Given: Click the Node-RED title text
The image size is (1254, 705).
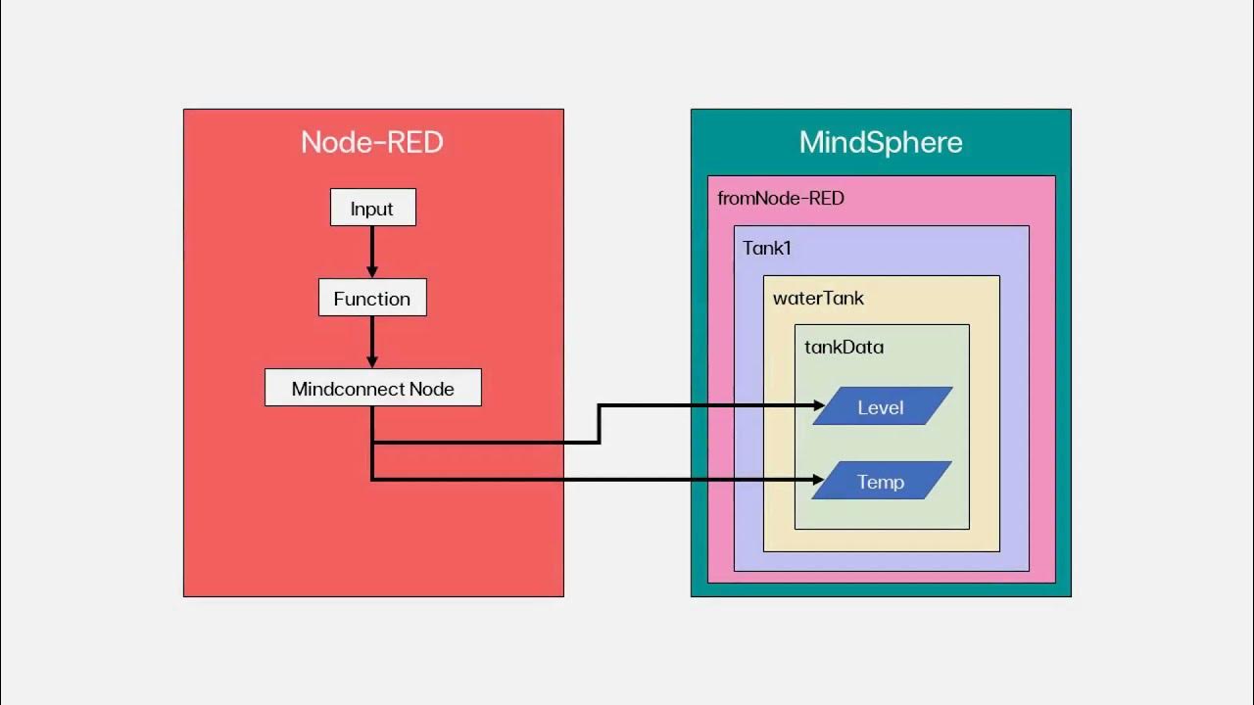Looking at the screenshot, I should click(x=372, y=142).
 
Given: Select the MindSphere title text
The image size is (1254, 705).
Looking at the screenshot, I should click(x=881, y=142).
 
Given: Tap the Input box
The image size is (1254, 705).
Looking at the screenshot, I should click(x=372, y=208).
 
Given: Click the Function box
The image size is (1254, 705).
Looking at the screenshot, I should click(x=372, y=298).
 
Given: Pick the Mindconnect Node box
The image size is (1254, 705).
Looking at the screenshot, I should click(x=372, y=388).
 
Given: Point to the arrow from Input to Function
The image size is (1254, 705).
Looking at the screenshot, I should click(x=372, y=251).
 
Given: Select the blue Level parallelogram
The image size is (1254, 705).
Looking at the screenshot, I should click(x=882, y=406).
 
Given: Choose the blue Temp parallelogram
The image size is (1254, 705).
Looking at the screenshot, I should click(x=882, y=481).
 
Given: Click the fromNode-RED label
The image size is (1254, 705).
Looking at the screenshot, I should click(x=781, y=199).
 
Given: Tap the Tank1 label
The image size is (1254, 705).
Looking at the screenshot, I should click(x=766, y=248).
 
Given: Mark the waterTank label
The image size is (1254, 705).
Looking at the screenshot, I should click(x=818, y=298).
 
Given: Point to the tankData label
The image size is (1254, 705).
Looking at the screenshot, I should click(x=844, y=347).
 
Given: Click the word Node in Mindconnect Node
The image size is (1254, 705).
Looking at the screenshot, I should click(x=431, y=389).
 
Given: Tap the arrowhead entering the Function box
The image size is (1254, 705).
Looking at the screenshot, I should click(x=372, y=272).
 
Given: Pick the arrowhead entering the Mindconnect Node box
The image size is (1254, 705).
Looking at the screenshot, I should click(x=372, y=362).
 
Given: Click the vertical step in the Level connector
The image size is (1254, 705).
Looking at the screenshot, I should click(x=600, y=424).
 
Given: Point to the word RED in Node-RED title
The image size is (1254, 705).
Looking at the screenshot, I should click(x=415, y=142).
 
